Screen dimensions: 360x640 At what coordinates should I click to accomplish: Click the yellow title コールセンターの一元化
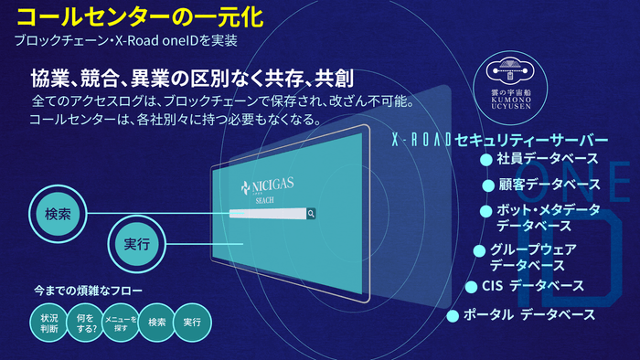pos(127,16)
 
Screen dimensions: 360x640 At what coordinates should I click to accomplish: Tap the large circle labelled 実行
pos(134,243)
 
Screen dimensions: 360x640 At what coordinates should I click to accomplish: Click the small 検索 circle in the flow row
pos(156,323)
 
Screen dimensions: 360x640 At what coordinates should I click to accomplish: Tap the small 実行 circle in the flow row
pos(192,323)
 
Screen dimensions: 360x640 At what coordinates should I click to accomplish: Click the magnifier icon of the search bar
pos(311,214)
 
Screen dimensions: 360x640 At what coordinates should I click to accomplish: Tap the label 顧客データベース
pos(548,185)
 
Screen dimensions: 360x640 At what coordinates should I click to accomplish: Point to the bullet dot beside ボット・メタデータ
pos(486,211)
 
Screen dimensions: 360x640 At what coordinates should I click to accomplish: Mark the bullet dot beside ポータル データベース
pos(453,316)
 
